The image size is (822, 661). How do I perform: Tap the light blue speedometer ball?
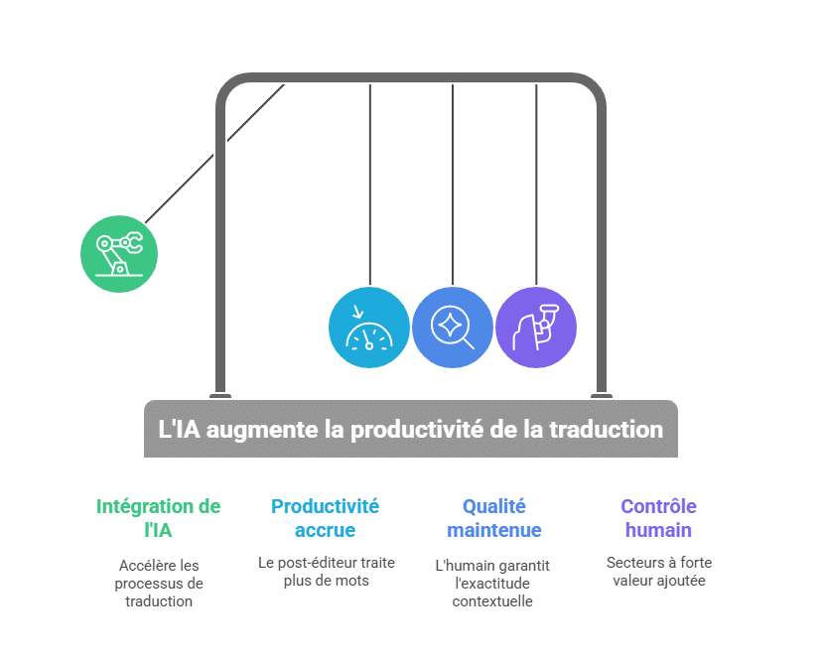click(368, 328)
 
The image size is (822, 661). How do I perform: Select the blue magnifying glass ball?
click(453, 328)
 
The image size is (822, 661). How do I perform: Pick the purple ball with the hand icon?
click(536, 328)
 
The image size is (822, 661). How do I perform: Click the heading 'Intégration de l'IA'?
click(159, 518)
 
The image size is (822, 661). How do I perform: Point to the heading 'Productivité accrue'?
click(326, 518)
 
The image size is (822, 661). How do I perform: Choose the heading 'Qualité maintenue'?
click(494, 518)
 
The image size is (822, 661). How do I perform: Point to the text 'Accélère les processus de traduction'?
click(159, 583)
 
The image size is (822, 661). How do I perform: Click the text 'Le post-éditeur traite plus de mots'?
click(326, 571)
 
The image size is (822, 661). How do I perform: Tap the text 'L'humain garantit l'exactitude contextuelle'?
click(494, 583)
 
